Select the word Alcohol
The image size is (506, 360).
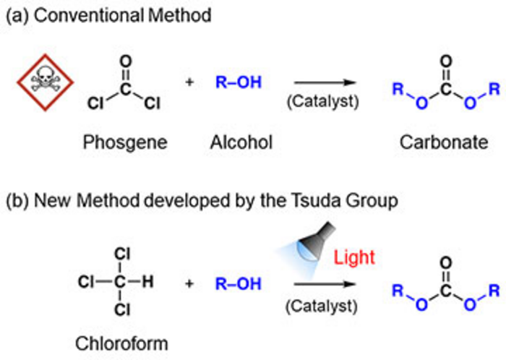coord(241,143)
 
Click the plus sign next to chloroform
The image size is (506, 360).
coord(190,283)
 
